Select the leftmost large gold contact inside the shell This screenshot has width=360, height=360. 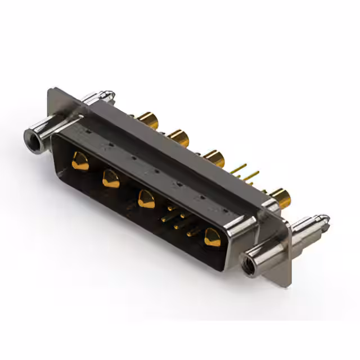[80, 162]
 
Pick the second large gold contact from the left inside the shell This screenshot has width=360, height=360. [111, 179]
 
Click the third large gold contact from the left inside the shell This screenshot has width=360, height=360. [146, 199]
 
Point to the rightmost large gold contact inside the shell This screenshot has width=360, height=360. [213, 237]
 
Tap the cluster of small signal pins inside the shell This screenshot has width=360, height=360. [179, 219]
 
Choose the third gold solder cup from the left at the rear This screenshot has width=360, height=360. [214, 157]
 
